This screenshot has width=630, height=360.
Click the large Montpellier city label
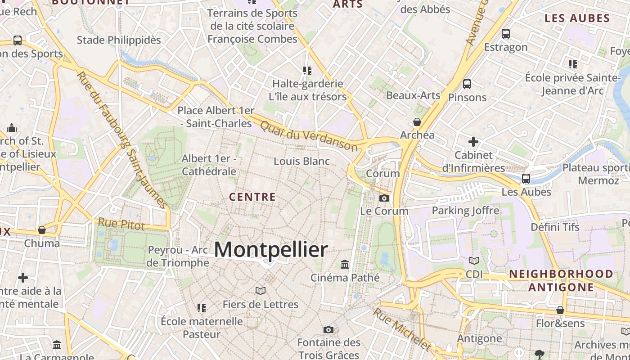271,250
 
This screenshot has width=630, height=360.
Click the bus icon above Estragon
506,33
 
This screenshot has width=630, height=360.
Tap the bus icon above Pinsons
467,84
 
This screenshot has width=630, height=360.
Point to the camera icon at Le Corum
384,198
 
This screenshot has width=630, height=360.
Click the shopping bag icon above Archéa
417,122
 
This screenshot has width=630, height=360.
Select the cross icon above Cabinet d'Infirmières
473,142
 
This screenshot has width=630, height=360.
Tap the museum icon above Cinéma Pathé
345,264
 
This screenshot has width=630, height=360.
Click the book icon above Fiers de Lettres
261,291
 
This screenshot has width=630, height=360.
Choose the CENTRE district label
252,197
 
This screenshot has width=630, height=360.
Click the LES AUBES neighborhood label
577,18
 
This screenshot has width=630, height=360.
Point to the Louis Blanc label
301,161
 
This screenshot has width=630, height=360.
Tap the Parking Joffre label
465,211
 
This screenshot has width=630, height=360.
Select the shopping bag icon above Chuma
42,230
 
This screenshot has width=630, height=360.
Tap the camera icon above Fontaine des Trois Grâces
328,330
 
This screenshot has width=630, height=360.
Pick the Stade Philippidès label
119,40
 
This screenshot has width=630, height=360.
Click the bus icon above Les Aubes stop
526,179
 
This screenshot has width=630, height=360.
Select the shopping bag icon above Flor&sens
560,310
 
